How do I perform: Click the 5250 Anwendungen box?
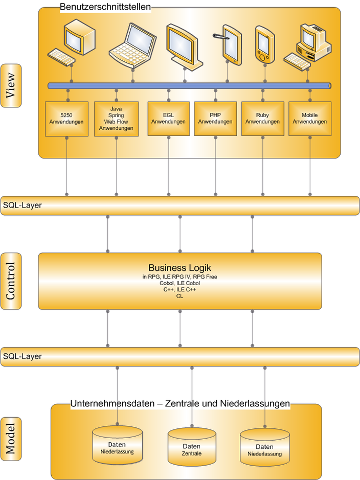tap(66, 119)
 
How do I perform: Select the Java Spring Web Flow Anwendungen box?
tap(116, 119)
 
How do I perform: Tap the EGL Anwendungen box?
tap(168, 119)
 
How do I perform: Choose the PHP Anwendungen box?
tap(215, 119)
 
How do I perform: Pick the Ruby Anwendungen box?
tap(262, 119)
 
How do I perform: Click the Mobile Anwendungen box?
tap(309, 119)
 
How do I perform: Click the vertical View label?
tap(11, 85)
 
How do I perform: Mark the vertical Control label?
tap(11, 281)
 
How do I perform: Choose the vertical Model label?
tap(11, 436)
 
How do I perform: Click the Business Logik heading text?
tap(179, 268)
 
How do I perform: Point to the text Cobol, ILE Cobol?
tap(179, 283)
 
